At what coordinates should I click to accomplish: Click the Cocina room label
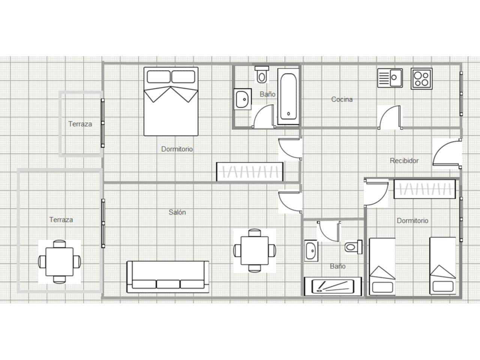(x=342, y=99)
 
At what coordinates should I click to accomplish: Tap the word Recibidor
(x=404, y=160)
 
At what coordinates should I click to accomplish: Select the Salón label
(x=177, y=212)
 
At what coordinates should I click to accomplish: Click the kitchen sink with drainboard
(x=390, y=78)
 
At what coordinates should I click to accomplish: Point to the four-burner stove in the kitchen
(x=421, y=79)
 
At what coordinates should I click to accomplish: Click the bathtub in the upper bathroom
(x=288, y=96)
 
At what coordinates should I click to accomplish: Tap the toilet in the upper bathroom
(x=262, y=75)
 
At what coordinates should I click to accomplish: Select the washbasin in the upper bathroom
(x=243, y=99)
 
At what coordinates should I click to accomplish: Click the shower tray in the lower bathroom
(x=333, y=286)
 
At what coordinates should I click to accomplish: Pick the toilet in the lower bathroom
(x=353, y=247)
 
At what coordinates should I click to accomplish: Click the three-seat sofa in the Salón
(x=168, y=277)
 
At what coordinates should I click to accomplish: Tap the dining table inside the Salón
(x=255, y=250)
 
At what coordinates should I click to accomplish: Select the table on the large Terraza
(x=60, y=262)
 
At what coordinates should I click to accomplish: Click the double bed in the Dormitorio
(x=171, y=101)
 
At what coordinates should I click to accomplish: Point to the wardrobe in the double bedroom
(x=250, y=172)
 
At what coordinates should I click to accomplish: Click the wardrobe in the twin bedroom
(x=424, y=189)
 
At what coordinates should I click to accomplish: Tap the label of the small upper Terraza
(x=80, y=124)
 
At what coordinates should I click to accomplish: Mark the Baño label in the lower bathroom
(x=337, y=266)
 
